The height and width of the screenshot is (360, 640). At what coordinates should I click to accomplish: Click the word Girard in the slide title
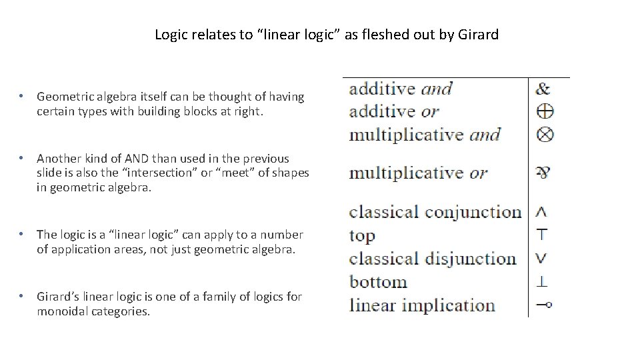[x=478, y=34]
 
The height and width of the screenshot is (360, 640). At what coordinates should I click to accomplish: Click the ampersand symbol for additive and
[x=543, y=88]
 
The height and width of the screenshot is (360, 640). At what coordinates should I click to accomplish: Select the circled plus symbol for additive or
[x=545, y=111]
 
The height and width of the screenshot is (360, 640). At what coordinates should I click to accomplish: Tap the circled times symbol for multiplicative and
[x=545, y=134]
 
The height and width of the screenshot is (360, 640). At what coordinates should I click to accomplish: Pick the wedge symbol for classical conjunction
[x=542, y=212]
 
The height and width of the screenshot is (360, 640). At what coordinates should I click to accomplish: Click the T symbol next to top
[x=543, y=235]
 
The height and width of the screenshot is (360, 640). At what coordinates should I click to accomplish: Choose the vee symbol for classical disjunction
[x=542, y=258]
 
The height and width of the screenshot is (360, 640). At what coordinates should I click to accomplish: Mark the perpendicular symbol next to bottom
[x=543, y=281]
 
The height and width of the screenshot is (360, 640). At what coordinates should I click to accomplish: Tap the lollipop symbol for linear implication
[x=544, y=305]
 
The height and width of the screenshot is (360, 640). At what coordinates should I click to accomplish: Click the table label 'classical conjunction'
[x=435, y=212]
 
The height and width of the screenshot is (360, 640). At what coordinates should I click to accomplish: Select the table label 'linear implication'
[x=422, y=305]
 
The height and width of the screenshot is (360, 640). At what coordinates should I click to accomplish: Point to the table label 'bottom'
[x=378, y=281]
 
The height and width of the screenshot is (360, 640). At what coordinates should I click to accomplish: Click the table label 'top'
[x=362, y=236]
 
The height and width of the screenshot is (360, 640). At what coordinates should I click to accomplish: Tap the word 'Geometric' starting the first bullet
[x=64, y=97]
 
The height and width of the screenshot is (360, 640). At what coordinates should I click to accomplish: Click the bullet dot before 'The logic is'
[x=22, y=234]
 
